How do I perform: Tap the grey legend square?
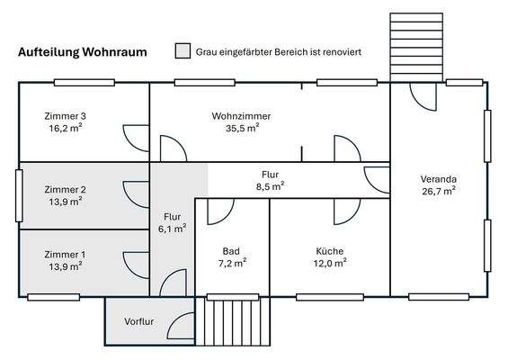click(x=183, y=51)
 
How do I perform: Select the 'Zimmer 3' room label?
click(x=66, y=117)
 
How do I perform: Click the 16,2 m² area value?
click(x=66, y=129)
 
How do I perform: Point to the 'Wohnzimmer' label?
click(x=242, y=116)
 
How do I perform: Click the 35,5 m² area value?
click(x=242, y=128)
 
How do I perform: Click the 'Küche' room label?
click(x=330, y=251)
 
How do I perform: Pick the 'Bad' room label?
click(x=232, y=251)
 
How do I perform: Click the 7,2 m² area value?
click(x=232, y=263)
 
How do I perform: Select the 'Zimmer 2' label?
click(x=66, y=189)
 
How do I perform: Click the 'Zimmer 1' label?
click(x=66, y=255)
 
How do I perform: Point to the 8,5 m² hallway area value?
click(x=270, y=186)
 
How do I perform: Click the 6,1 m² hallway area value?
click(x=174, y=229)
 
